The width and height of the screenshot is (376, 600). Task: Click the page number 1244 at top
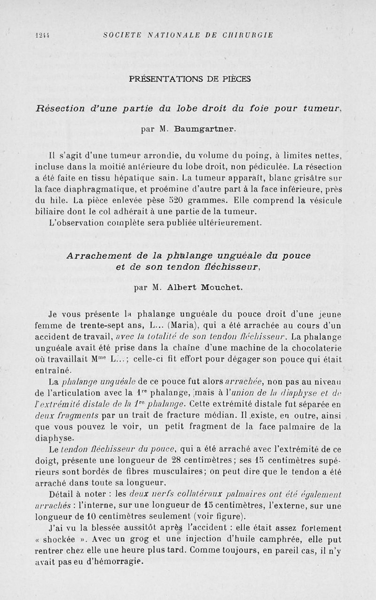pos(43,35)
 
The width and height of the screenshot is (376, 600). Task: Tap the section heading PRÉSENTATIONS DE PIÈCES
pos(189,79)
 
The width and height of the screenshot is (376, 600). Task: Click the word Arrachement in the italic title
pos(95,256)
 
